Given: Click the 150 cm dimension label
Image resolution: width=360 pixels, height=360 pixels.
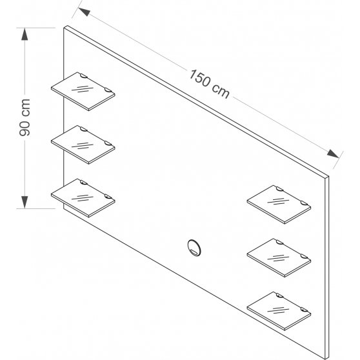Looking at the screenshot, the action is tap(209, 84).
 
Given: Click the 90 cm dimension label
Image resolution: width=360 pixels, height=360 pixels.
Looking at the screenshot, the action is tap(25, 117).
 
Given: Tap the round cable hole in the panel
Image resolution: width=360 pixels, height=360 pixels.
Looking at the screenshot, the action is tap(194, 248).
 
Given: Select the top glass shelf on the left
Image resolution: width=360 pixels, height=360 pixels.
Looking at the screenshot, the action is tap(83, 92).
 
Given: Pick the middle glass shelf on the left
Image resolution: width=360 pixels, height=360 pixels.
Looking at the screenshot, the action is tap(83, 145).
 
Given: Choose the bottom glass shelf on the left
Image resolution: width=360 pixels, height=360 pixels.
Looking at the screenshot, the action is tap(83, 198).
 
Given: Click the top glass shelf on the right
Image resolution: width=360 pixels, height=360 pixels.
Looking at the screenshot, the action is tap(279, 205).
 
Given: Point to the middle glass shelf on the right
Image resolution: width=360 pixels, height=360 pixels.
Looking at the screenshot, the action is tap(279, 257).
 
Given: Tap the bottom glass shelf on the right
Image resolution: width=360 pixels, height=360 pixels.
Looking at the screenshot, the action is tap(279, 311).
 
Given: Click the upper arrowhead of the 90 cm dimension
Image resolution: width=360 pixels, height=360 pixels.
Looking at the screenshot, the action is tap(25, 34).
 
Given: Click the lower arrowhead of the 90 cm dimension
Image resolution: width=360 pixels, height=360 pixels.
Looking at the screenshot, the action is tap(25, 203).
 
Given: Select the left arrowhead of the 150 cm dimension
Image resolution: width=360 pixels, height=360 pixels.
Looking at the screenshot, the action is tap(84, 12).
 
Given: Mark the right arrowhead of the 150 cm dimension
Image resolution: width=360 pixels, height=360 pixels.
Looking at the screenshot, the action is tap(333, 154).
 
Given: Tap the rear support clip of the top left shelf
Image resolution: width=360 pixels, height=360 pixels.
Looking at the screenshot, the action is tap(84, 76).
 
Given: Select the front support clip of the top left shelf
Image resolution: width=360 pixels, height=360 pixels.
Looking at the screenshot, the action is tap(108, 90).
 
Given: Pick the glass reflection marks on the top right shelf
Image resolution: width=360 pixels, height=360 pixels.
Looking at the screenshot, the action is tap(278, 201).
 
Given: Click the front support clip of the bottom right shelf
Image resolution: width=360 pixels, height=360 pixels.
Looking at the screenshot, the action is tap(304, 309).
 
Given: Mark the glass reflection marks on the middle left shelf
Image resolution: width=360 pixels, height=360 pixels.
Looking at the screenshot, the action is tap(83, 146).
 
